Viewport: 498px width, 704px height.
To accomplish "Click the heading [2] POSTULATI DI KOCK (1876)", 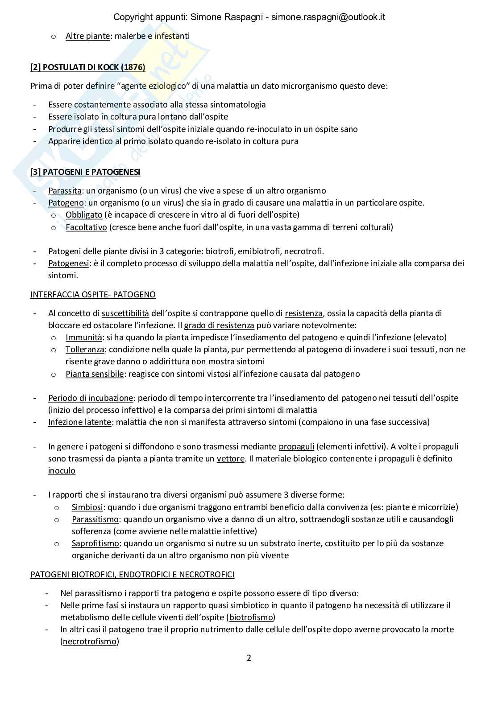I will coord(87,68).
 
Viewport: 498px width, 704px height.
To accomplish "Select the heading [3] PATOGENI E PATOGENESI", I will coord(85,172).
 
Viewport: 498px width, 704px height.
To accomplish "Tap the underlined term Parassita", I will coord(65,191).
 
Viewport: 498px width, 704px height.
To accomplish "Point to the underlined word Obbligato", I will coord(84,215).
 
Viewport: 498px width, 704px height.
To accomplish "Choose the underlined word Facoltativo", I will coord(86,227).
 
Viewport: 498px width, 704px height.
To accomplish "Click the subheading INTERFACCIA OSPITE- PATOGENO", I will coord(93,294).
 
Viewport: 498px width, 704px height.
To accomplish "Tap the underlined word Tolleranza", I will coord(85,350).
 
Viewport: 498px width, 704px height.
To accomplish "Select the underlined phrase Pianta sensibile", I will coord(95,374).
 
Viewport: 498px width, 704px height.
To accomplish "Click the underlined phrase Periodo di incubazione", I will coord(91,398).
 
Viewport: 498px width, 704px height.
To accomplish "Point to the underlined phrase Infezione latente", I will coord(79,422).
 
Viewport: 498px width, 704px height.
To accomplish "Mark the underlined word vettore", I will coord(231,459).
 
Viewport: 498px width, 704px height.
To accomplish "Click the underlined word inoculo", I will coord(62,471).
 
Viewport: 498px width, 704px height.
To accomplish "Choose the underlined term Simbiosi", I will coord(87,507).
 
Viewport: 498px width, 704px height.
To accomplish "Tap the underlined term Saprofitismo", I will coord(95,543).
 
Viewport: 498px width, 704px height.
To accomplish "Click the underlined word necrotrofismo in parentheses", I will coord(89,642).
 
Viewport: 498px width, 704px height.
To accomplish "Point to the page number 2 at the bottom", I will coord(249,658).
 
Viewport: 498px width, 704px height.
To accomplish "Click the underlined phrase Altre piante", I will coord(87,36).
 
